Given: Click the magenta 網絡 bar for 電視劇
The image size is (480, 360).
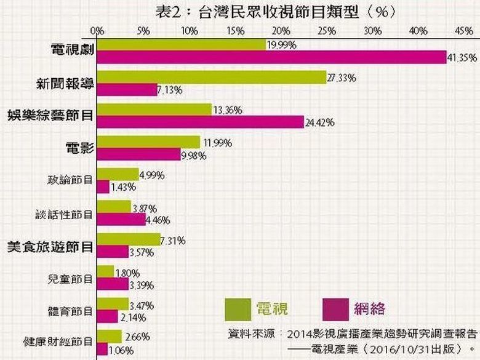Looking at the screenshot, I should tap(271, 57).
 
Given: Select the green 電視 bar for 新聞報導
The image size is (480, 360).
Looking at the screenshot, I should tap(211, 77).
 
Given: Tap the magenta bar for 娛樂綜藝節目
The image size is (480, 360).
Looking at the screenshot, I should tap(200, 122).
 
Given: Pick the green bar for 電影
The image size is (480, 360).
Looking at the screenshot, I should tap(148, 142).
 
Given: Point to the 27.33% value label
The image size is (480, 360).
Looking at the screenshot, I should tap(342, 78).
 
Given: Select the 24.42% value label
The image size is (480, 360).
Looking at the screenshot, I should tap(320, 122).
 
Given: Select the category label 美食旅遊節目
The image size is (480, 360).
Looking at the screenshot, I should tap(50, 247).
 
